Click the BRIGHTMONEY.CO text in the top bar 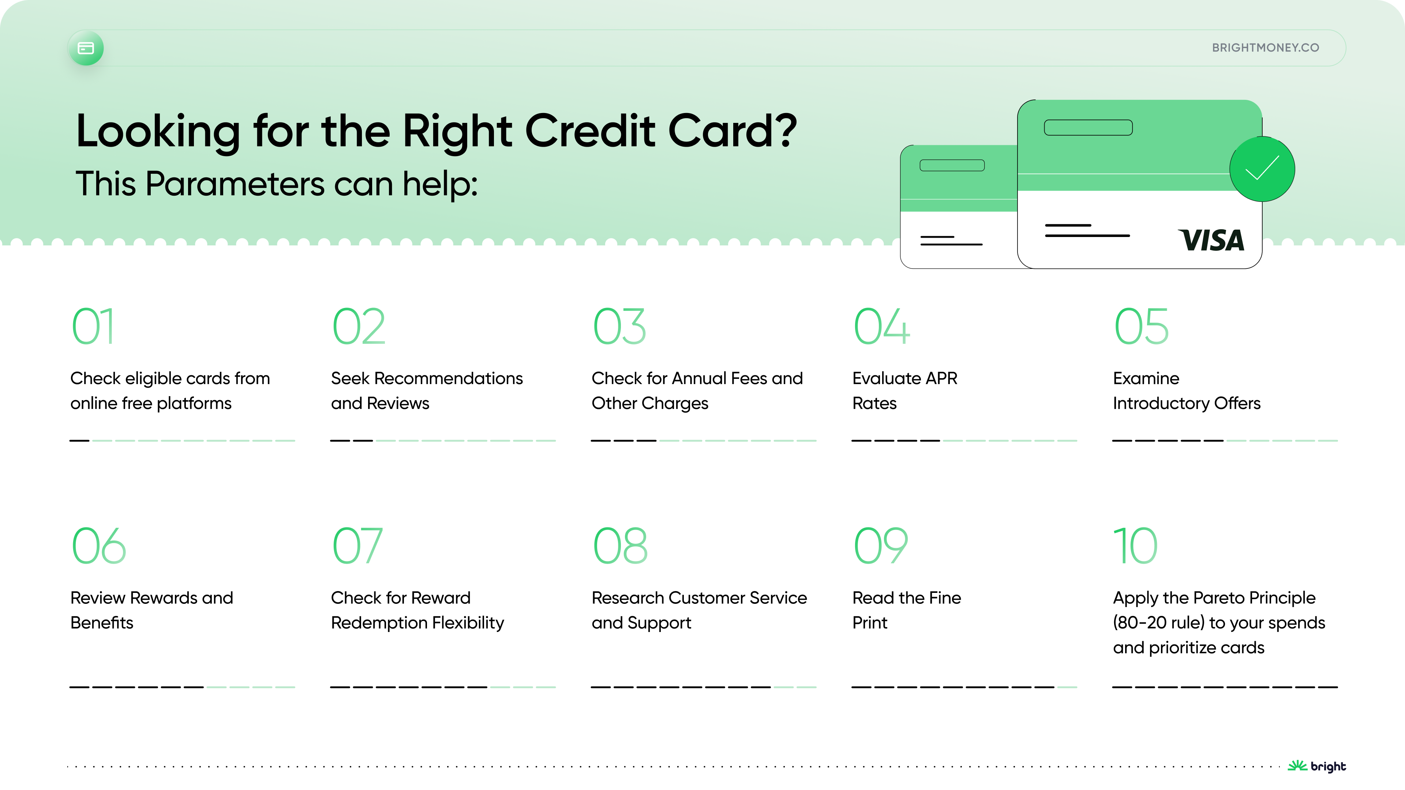(1265, 48)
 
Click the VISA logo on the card (1212, 240)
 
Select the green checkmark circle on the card (1262, 169)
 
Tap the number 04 (881, 327)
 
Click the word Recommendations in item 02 (448, 379)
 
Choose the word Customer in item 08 (706, 598)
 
